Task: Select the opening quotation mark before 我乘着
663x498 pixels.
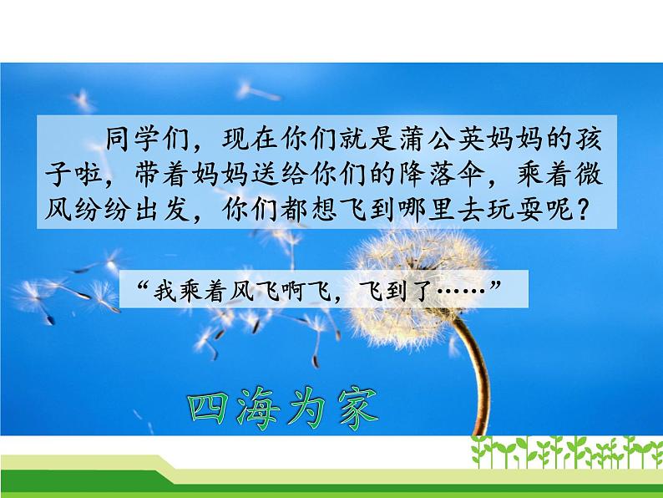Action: [138, 287]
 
